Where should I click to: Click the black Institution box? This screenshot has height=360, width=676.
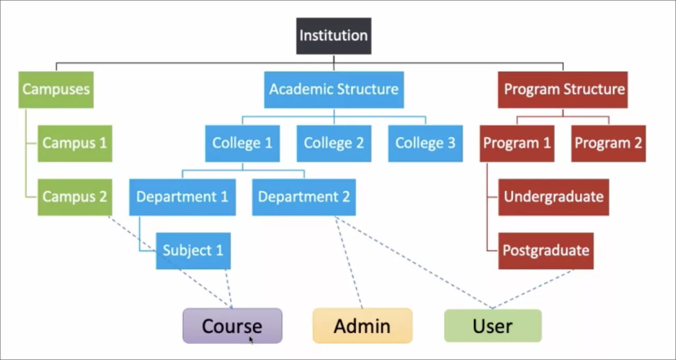click(333, 36)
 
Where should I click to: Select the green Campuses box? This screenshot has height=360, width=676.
click(56, 89)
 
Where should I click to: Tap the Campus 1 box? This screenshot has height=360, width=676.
click(74, 143)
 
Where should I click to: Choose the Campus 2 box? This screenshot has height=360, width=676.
click(74, 197)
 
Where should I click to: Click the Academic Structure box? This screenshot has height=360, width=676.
click(334, 89)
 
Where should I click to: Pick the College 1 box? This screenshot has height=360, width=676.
click(242, 143)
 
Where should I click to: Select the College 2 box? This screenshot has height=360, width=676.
click(334, 143)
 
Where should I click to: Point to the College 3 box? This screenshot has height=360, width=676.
click(425, 143)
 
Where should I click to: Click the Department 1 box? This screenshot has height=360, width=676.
click(182, 197)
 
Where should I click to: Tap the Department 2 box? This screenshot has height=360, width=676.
click(304, 197)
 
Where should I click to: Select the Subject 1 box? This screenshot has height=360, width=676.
click(193, 250)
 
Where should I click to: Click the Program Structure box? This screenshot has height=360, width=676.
click(562, 89)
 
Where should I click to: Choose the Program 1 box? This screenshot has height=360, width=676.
click(517, 143)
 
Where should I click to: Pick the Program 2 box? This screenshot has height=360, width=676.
click(608, 143)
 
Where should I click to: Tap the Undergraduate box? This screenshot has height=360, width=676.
click(553, 197)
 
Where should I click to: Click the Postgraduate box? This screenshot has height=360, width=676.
click(546, 250)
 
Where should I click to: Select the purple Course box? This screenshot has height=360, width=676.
click(232, 326)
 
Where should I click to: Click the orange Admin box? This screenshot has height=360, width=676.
click(362, 326)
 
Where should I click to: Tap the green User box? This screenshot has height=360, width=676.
click(493, 326)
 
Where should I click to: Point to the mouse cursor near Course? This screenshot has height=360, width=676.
click(251, 339)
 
